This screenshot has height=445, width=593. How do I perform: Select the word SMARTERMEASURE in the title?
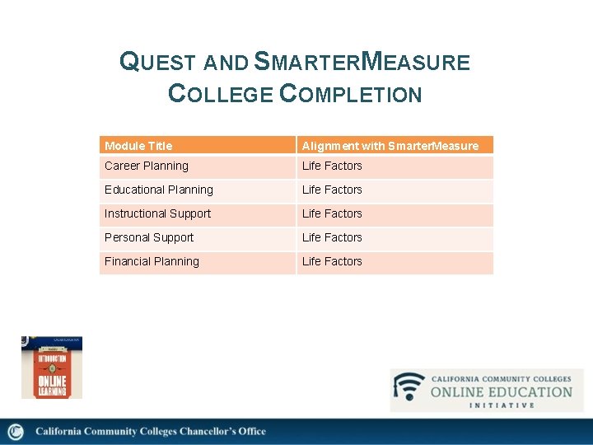click(362, 62)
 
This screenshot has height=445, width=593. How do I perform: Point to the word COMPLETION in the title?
click(351, 94)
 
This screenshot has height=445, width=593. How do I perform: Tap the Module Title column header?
click(138, 146)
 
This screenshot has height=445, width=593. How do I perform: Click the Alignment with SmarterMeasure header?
click(390, 146)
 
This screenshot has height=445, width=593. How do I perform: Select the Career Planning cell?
click(147, 166)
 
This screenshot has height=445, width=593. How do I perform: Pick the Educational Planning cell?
click(159, 190)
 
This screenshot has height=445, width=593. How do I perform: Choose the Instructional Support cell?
click(158, 213)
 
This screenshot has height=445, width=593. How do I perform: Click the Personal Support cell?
click(149, 237)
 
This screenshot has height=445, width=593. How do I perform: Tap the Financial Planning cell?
click(152, 261)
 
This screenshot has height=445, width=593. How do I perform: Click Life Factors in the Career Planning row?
click(332, 166)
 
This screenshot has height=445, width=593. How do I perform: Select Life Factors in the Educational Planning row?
click(332, 190)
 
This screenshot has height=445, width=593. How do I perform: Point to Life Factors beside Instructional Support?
click(332, 213)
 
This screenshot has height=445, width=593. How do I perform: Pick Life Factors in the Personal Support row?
click(332, 237)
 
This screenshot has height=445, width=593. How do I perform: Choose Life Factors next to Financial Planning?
click(332, 261)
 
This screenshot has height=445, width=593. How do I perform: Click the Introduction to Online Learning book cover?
click(51, 368)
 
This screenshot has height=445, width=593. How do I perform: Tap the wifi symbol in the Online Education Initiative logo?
click(409, 387)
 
